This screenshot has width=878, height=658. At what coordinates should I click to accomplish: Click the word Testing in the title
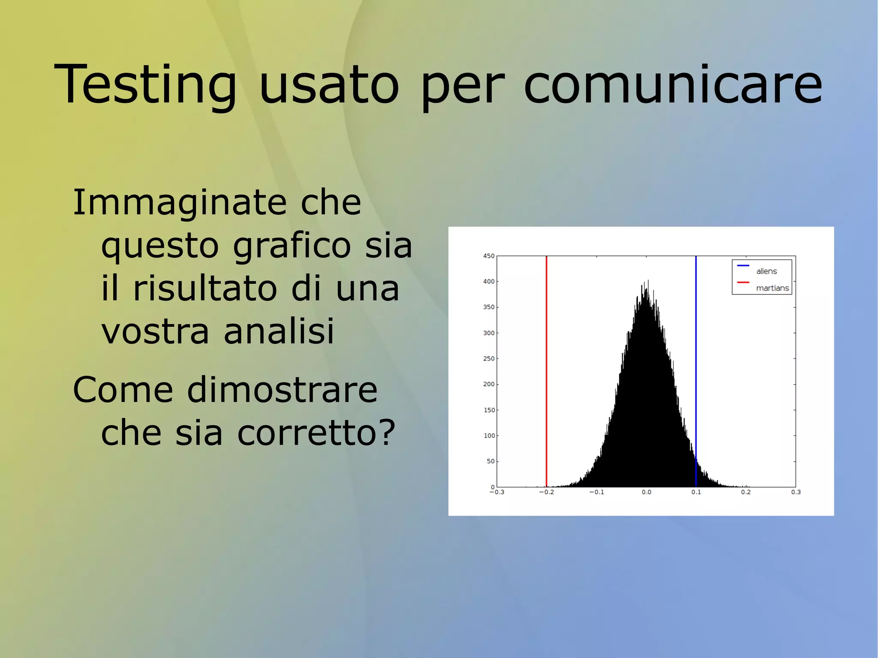(145, 84)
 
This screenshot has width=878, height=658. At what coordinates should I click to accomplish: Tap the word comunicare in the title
(673, 84)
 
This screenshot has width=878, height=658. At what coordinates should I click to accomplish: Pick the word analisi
(279, 331)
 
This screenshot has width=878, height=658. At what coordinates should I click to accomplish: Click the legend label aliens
(767, 271)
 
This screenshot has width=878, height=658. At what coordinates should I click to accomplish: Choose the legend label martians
(772, 288)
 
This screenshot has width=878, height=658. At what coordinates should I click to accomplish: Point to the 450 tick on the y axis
(489, 256)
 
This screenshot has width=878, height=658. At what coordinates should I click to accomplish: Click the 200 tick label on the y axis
(489, 384)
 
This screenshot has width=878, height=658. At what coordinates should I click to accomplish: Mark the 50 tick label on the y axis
(490, 461)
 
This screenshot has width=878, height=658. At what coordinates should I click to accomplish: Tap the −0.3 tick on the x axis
(497, 492)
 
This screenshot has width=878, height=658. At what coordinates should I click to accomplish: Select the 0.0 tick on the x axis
(646, 492)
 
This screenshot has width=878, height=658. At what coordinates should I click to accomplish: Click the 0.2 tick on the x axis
(746, 492)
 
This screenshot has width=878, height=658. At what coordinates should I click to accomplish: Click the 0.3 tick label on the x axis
(796, 492)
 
